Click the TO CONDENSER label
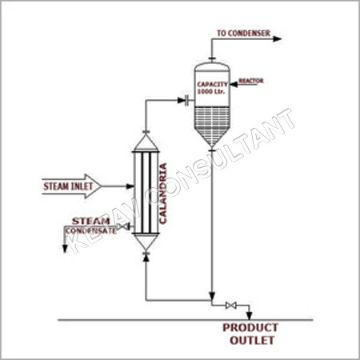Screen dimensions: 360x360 [x=243, y=33]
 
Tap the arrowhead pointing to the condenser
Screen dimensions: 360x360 [x=278, y=39]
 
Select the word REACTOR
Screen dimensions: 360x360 [x=251, y=81]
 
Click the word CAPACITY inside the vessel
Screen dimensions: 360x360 [x=213, y=84]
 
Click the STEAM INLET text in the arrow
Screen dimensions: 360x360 [x=68, y=186]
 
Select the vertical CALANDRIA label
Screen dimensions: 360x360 [x=163, y=194]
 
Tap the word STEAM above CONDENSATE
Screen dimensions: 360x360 [x=91, y=221]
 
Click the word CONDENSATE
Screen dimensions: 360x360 [x=91, y=230]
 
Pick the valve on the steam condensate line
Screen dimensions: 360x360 [x=122, y=227]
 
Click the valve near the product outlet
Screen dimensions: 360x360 [x=231, y=306]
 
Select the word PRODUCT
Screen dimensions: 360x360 [x=250, y=327]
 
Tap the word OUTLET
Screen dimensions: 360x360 [x=252, y=340]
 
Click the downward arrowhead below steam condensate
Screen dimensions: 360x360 [x=65, y=249]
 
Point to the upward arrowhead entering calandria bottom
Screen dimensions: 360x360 [x=146, y=258]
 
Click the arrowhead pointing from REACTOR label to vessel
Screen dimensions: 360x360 [x=234, y=84]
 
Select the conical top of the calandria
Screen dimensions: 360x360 [x=146, y=142]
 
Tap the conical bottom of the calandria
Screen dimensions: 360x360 [x=146, y=242]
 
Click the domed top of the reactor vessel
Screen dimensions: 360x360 [x=212, y=66]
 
